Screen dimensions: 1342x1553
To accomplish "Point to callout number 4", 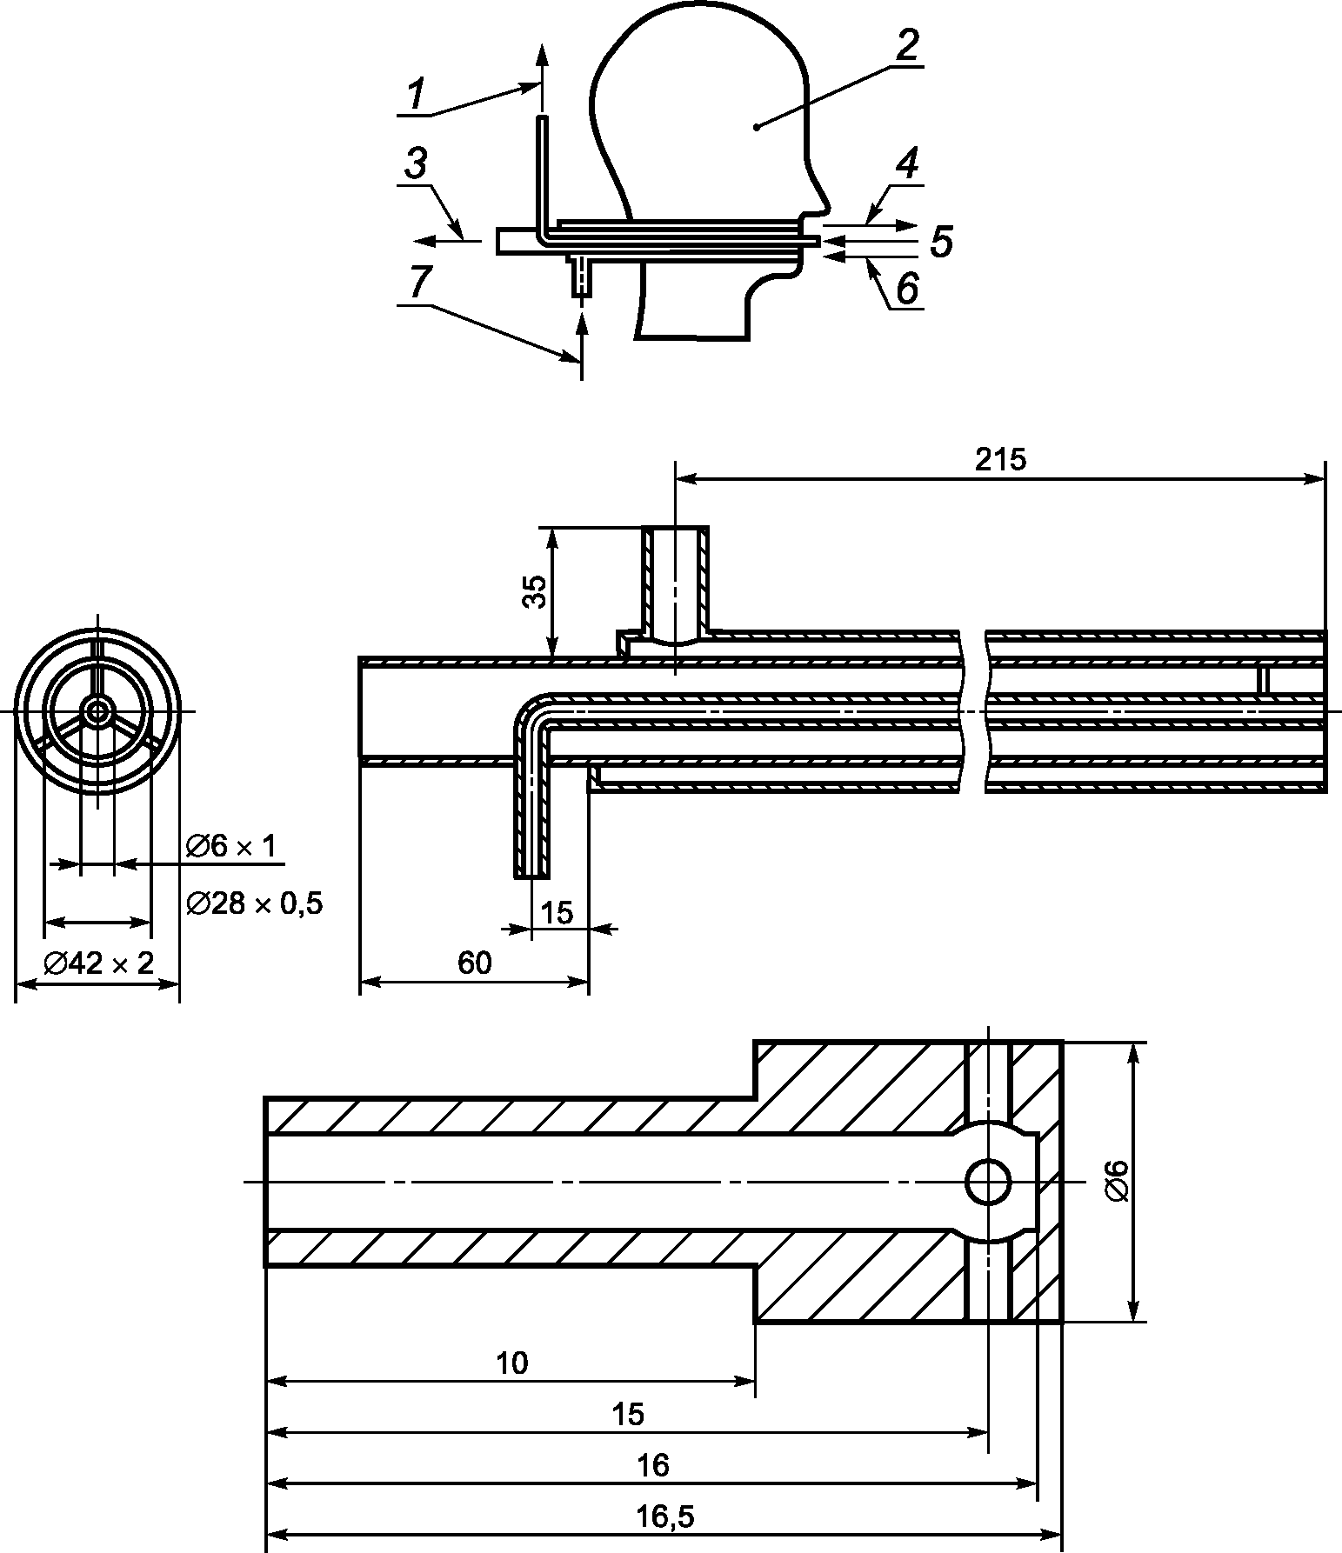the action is pyautogui.click(x=906, y=163).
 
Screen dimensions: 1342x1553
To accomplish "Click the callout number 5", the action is pyautogui.click(x=941, y=241).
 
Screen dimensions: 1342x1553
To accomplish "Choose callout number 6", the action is pyautogui.click(x=906, y=289).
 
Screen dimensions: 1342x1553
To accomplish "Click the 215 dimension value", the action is pyautogui.click(x=1000, y=459).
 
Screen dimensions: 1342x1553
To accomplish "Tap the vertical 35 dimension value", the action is pyautogui.click(x=536, y=591).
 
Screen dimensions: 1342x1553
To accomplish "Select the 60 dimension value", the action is pyautogui.click(x=475, y=963).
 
